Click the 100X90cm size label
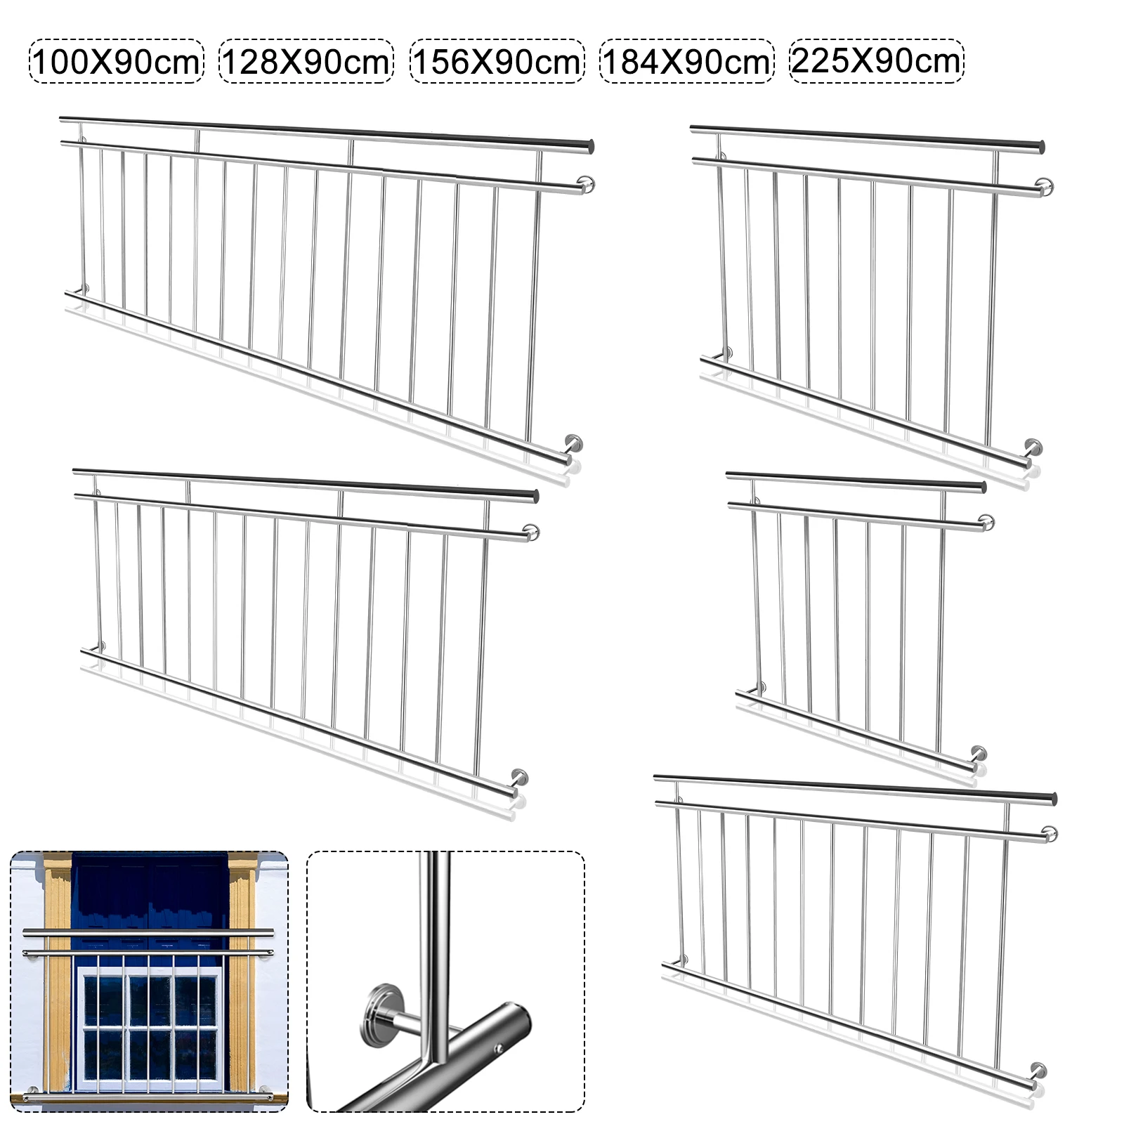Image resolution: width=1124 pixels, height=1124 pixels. tap(116, 62)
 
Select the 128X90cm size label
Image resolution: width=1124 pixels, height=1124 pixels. tap(306, 62)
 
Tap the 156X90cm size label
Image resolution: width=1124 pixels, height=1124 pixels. tap(497, 62)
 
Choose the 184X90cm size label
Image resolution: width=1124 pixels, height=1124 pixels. tap(687, 62)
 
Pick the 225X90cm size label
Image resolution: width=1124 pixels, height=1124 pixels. tap(877, 61)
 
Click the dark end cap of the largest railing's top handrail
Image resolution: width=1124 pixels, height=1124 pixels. tap(589, 147)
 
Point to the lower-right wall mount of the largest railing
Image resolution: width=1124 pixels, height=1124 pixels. tap(573, 445)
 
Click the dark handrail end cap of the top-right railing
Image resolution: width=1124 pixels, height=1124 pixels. tap(1040, 148)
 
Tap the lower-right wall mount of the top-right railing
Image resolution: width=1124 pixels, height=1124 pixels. tap(1033, 447)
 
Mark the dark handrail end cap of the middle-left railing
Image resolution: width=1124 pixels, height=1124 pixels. tap(534, 496)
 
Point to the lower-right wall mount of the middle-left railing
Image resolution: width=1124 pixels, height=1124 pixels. tap(520, 778)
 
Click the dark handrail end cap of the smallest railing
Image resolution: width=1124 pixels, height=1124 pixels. tap(982, 487)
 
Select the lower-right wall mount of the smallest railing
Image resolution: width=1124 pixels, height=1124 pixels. tap(977, 754)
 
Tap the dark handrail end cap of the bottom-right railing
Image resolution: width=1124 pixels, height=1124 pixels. tap(1052, 799)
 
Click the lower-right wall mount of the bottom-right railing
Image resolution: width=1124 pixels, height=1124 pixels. tap(1039, 1071)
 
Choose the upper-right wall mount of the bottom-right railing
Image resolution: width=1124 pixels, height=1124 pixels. tap(1050, 834)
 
